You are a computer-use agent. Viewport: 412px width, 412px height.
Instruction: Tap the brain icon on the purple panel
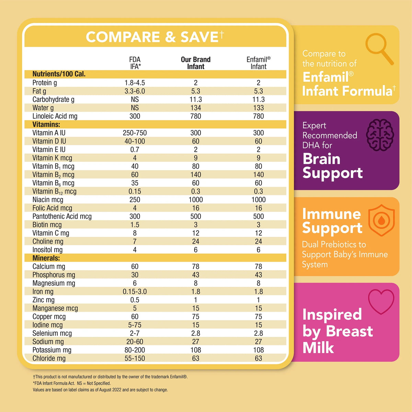point(380,135)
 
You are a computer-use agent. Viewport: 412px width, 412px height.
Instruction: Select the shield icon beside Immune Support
point(381,220)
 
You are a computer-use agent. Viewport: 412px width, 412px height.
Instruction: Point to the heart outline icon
point(381,302)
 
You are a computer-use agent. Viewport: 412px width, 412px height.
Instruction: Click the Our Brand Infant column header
point(196,63)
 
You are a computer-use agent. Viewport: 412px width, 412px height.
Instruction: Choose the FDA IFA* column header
point(135,63)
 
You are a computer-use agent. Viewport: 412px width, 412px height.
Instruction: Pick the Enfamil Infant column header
point(259,63)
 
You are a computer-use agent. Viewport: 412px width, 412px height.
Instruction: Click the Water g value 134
point(196,108)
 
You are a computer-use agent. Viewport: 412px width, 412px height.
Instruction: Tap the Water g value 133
point(259,108)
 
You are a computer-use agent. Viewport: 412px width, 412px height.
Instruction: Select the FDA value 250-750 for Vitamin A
point(135,133)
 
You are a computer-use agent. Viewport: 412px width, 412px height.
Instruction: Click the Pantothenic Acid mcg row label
point(62,216)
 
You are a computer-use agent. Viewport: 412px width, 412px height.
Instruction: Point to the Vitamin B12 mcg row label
point(54,191)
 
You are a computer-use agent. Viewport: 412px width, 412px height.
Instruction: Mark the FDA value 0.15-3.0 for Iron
point(135,291)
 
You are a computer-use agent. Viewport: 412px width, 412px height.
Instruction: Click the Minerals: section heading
point(46,258)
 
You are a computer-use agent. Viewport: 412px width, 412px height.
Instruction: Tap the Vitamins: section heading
point(46,124)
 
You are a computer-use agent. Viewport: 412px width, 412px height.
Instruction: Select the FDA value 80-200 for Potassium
point(135,350)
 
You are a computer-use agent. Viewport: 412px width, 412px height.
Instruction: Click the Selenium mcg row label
point(52,333)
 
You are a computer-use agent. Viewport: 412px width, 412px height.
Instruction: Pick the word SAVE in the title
point(199,37)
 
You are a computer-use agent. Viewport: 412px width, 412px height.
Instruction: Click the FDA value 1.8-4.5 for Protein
point(135,83)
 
